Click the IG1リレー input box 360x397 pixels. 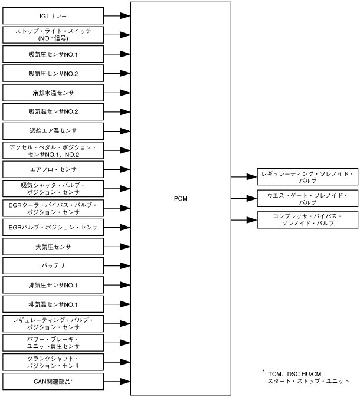click(53, 15)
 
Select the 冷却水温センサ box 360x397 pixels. click(53, 93)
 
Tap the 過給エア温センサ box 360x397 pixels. click(53, 130)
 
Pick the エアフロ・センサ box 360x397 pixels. click(53, 169)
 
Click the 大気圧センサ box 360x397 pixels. click(53, 246)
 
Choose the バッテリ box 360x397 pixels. click(53, 265)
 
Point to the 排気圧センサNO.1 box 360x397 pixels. click(53, 285)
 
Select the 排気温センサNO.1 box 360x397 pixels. click(53, 304)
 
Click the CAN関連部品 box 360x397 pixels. click(53, 381)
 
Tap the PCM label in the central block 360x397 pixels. click(181, 199)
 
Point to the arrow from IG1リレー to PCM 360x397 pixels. click(117, 15)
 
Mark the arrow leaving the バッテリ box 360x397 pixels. click(117, 265)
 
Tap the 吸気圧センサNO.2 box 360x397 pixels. click(53, 73)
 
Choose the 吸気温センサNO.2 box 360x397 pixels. click(53, 111)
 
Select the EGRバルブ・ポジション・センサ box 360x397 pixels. click(53, 227)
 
